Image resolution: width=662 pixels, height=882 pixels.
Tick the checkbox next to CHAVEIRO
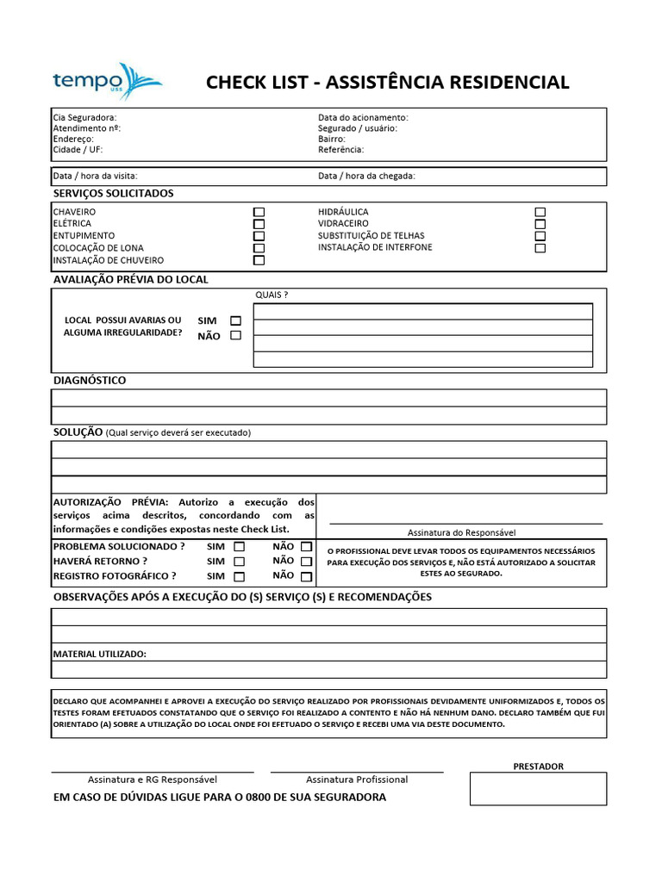coord(259,212)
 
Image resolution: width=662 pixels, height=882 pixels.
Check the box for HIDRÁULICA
coord(540,212)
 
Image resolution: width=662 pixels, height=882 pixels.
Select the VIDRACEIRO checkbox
coord(540,224)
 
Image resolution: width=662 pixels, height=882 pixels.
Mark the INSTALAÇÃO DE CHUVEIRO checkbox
coord(259,260)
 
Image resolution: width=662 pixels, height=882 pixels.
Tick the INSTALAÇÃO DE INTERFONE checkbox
coord(540,248)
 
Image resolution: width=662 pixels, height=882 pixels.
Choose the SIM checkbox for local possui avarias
coord(235,320)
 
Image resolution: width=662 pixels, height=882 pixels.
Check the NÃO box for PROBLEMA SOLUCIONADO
coord(306,547)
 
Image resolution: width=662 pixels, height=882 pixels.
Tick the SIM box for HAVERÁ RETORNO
coord(240,562)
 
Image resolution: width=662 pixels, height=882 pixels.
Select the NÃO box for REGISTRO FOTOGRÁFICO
coord(306,576)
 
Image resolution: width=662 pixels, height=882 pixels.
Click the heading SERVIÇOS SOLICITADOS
coord(113,194)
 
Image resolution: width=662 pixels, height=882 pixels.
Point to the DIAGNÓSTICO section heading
coord(90,380)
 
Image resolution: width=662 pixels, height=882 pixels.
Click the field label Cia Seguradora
coord(84,117)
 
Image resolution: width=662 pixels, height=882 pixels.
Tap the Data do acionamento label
coord(363,117)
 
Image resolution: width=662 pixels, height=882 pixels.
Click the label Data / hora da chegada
coord(366,176)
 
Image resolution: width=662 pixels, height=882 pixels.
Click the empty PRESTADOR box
coord(538,788)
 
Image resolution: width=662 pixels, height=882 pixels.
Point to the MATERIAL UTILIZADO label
coord(100,655)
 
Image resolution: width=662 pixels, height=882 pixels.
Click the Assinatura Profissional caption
coord(357,780)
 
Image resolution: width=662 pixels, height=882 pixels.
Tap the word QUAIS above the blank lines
coord(272,295)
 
